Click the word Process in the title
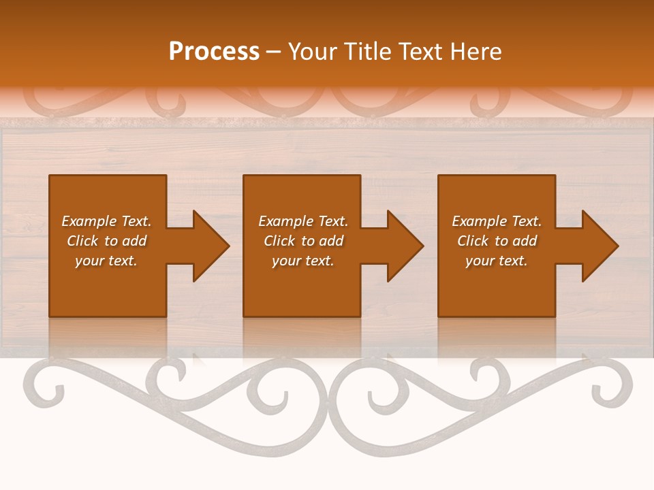click(x=214, y=52)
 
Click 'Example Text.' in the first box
click(x=106, y=221)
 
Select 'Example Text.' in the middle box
click(x=303, y=221)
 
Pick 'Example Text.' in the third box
click(x=497, y=221)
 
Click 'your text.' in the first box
click(x=106, y=261)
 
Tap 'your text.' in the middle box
click(x=303, y=261)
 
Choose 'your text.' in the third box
click(x=497, y=261)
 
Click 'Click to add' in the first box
click(x=106, y=241)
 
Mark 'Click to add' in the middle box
click(x=303, y=241)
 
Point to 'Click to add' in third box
click(x=497, y=241)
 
